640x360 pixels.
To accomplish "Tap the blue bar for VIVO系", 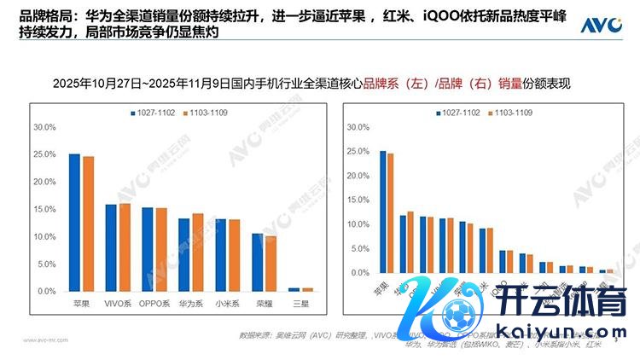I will click(110, 247).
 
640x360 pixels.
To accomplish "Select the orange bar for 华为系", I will click(198, 252).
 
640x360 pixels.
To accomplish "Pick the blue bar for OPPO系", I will click(148, 249).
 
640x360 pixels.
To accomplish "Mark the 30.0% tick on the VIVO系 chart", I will click(44, 127).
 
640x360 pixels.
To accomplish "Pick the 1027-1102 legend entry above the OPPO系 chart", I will click(154, 113).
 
